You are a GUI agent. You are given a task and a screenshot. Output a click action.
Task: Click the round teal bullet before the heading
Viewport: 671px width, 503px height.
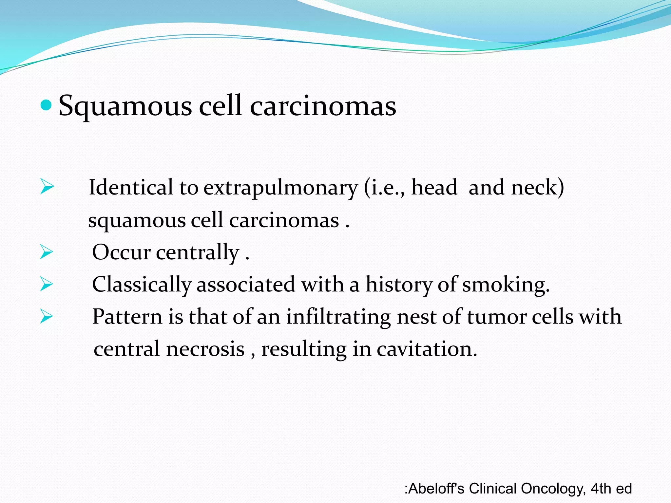[46, 105]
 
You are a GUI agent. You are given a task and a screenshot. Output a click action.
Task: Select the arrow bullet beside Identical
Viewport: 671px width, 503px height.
[47, 187]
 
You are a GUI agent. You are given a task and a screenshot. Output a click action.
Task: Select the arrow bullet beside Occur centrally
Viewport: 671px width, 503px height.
[47, 252]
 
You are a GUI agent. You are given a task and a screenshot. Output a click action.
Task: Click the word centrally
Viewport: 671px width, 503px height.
[198, 252]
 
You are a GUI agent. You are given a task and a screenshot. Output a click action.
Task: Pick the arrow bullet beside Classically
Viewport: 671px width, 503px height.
[47, 284]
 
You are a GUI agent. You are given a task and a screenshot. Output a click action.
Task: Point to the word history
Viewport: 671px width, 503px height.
[399, 285]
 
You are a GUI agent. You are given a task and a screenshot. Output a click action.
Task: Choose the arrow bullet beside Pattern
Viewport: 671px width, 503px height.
[47, 316]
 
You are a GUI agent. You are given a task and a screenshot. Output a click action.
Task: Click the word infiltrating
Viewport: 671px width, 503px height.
[338, 317]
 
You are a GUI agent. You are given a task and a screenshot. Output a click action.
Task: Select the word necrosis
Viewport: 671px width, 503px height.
[205, 349]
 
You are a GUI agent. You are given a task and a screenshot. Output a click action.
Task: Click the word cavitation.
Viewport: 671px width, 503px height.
[427, 349]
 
